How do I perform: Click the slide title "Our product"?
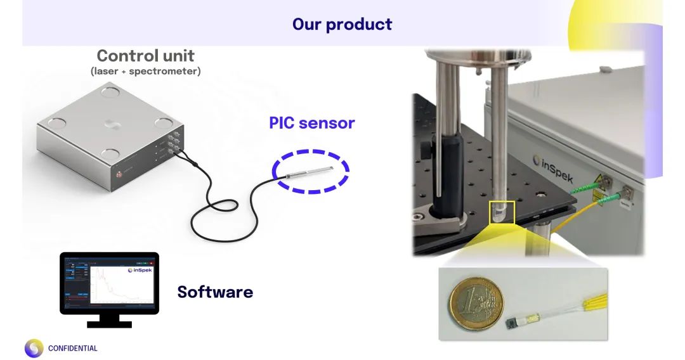coord(342,25)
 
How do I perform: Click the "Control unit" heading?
coord(145,56)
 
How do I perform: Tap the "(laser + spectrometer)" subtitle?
coord(145,72)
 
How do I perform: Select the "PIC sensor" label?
coord(311,123)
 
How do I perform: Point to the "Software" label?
coord(215,292)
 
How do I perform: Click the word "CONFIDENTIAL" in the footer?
coord(73,349)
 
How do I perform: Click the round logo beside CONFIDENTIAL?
coord(34,348)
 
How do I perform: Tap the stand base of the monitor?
coord(109,323)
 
